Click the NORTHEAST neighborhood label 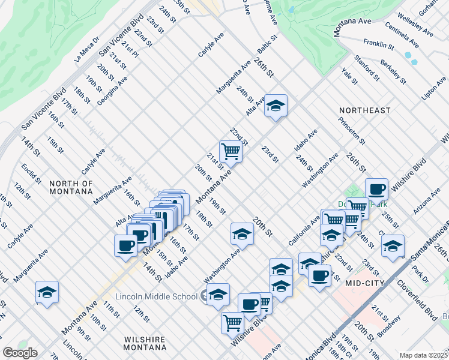pos(364,110)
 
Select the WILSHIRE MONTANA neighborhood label pos(144,343)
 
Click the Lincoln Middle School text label pos(156,296)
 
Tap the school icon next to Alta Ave pos(276,106)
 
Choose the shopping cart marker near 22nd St pos(231,151)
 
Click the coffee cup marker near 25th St pos(376,189)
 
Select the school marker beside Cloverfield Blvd pos(393,246)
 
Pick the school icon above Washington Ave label pos(242,233)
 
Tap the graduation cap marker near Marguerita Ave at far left pos(47,292)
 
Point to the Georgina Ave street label pos(112,91)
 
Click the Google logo pos(20,353)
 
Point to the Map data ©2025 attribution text pos(423,355)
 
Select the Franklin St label pos(378,44)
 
